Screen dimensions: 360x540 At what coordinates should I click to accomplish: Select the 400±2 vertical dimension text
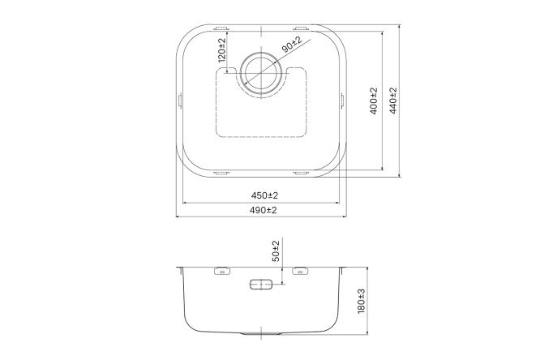coord(374,101)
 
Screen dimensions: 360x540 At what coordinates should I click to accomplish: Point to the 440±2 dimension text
coord(394,101)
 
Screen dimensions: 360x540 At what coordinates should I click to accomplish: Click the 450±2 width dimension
coord(264,196)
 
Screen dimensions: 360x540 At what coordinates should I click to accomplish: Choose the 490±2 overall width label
coord(264,210)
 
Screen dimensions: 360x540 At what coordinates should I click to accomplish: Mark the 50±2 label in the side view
coord(276,251)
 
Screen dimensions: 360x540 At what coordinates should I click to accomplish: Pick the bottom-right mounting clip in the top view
coord(300,174)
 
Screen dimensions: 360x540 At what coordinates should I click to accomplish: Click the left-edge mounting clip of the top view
coord(178,100)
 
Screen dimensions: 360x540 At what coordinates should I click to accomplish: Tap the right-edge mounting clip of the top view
coord(344,100)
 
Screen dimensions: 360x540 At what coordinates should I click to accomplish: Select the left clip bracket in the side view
coord(221,272)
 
